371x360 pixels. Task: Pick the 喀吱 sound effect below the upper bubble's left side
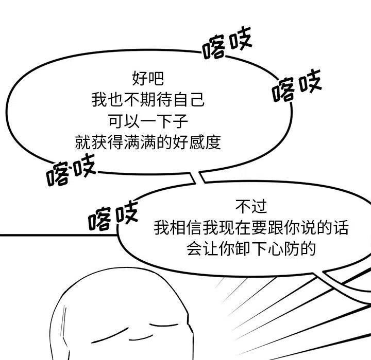coord(71,171)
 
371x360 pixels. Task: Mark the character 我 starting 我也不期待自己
coord(98,100)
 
